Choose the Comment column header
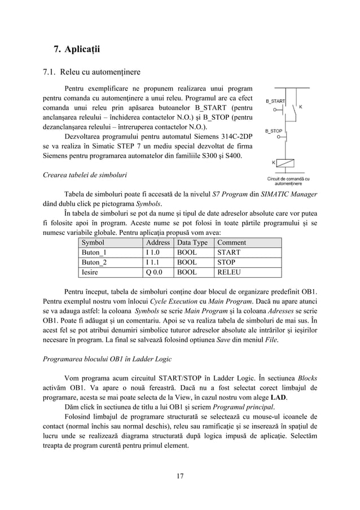(231, 242)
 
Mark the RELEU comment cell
(230, 272)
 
